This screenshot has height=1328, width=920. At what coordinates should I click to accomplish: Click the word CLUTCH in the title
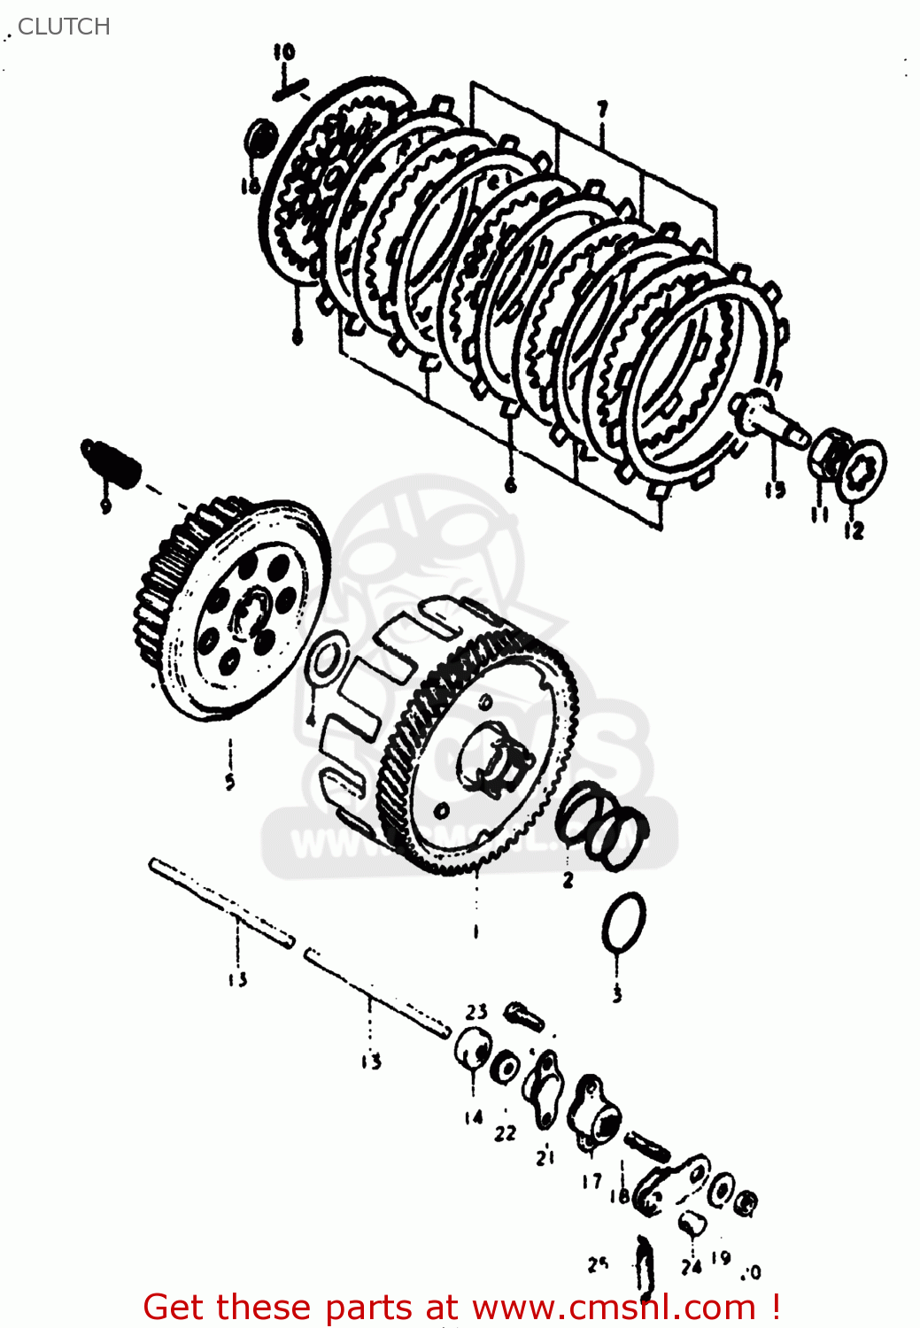(x=64, y=27)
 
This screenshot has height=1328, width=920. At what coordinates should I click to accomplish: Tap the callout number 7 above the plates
(x=602, y=110)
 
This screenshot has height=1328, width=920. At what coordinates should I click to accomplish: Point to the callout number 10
(x=283, y=52)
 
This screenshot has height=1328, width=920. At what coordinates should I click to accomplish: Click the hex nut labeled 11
(x=830, y=452)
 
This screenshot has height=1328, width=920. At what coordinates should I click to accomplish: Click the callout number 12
(x=854, y=530)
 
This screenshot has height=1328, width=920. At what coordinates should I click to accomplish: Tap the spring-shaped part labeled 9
(x=111, y=459)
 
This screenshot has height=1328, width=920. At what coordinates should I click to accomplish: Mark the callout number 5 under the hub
(x=230, y=781)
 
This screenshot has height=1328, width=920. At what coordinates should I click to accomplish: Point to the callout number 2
(x=568, y=880)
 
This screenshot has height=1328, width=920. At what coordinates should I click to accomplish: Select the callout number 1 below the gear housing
(x=475, y=930)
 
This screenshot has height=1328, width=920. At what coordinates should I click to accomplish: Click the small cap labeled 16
(x=259, y=137)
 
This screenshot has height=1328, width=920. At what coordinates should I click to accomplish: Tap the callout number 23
(x=476, y=1011)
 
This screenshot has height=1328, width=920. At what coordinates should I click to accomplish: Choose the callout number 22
(x=505, y=1132)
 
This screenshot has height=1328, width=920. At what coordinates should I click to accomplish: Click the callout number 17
(x=591, y=1181)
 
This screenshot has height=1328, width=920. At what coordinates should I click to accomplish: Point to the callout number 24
(x=691, y=1267)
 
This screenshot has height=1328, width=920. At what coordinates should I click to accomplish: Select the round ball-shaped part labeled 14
(x=472, y=1051)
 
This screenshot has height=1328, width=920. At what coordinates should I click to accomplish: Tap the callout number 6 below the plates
(x=510, y=484)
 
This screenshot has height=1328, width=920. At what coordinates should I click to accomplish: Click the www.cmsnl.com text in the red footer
(x=614, y=1307)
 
